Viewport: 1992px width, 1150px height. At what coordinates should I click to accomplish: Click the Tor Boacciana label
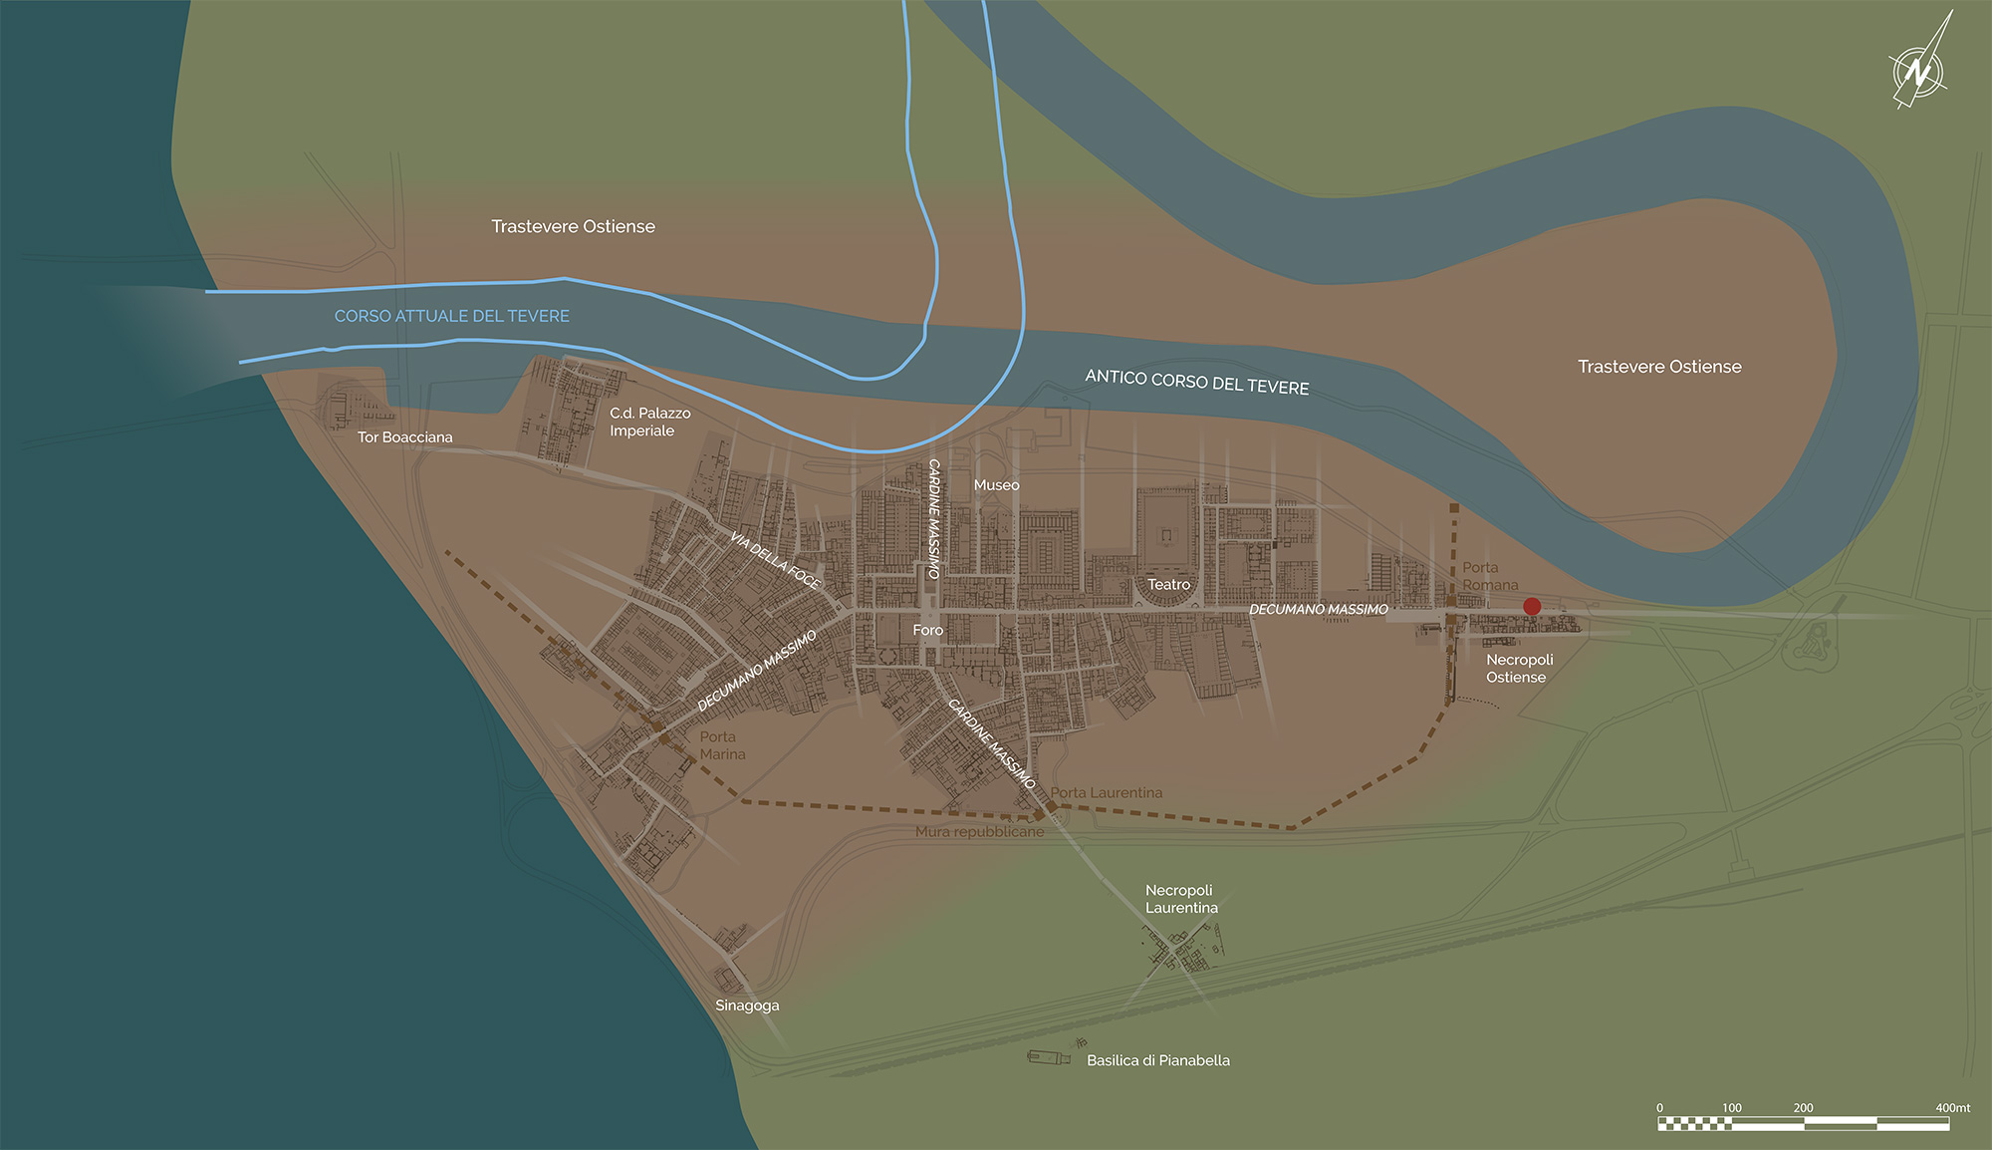(x=404, y=437)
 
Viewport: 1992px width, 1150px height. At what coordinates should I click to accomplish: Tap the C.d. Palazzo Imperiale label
(x=649, y=422)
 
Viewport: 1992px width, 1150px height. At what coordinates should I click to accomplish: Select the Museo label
(x=996, y=485)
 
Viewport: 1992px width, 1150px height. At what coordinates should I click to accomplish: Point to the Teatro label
(x=1168, y=585)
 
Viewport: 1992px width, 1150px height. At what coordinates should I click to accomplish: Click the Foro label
(x=927, y=630)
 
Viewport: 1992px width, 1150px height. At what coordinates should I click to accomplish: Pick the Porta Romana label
(x=1489, y=576)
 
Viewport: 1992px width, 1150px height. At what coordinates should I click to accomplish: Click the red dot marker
(x=1532, y=606)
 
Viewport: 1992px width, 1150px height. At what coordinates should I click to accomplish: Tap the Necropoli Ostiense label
(x=1519, y=668)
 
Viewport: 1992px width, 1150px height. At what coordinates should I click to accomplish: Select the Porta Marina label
(x=722, y=745)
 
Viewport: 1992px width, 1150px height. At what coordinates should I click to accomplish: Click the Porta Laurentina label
(x=1106, y=792)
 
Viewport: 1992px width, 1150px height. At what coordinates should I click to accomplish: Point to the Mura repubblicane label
(x=979, y=831)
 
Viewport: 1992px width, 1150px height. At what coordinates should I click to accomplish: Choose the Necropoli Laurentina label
(x=1180, y=899)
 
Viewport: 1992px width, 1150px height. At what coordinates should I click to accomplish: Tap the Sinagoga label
(x=747, y=1006)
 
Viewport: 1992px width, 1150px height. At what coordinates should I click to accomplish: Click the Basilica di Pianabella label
(x=1157, y=1060)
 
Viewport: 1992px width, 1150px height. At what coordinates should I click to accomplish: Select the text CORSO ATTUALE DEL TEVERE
(x=451, y=316)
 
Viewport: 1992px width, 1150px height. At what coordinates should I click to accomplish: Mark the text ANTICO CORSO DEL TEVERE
(x=1196, y=382)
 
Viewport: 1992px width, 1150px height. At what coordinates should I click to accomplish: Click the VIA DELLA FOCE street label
(x=775, y=560)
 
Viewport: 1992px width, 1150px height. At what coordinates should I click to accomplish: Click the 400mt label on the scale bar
(x=1952, y=1108)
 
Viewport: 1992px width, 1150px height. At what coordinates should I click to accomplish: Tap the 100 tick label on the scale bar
(x=1731, y=1108)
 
